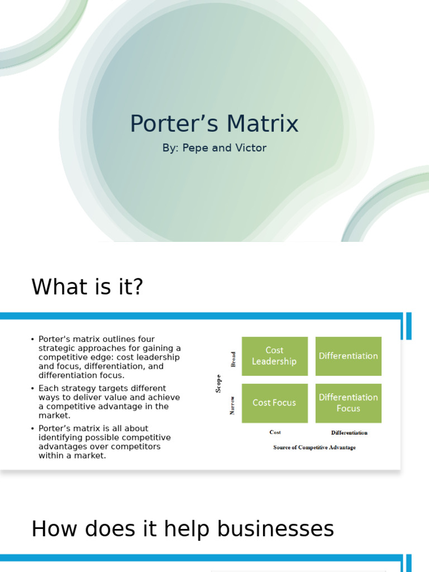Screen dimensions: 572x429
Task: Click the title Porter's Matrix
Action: (x=214, y=124)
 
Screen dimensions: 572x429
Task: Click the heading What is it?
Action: (x=87, y=287)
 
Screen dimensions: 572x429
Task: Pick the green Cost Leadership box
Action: (x=274, y=356)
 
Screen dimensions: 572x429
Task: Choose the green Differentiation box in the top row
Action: (x=348, y=356)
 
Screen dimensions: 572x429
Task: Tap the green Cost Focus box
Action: (x=274, y=403)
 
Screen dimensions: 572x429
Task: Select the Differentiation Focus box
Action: (x=348, y=403)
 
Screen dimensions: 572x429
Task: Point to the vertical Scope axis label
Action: (x=218, y=383)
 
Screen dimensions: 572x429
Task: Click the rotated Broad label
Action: (x=233, y=359)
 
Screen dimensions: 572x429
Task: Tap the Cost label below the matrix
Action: (x=275, y=432)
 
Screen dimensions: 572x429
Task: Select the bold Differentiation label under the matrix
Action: (x=349, y=432)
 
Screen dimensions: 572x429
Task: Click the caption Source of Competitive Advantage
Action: (x=314, y=447)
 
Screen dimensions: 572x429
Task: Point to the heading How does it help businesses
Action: (x=183, y=528)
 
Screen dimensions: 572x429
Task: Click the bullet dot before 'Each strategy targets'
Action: (x=33, y=388)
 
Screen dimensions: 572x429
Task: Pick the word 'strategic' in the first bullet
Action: (x=55, y=348)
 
